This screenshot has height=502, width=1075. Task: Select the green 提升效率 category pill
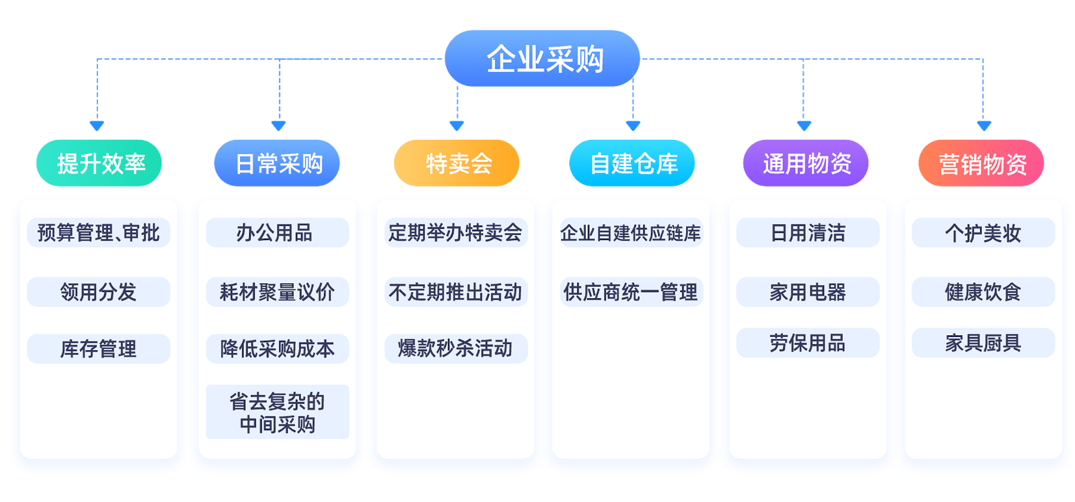pos(99,163)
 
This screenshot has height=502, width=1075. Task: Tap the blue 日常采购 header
pos(277,163)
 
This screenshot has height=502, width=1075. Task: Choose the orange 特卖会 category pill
pos(456,163)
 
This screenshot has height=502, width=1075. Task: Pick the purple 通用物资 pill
pos(806,163)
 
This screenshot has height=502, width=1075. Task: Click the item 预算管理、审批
pos(99,232)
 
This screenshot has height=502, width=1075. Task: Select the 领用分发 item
pos(99,292)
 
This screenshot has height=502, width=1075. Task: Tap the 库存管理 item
pos(99,348)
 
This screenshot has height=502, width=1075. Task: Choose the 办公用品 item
pos(277,232)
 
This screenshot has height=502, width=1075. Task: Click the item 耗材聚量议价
pos(277,292)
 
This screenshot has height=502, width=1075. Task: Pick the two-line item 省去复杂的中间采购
pos(277,412)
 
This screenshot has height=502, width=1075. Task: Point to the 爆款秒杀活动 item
pos(456,348)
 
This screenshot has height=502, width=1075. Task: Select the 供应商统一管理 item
pos(631,292)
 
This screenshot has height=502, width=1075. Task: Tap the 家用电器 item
pos(807,292)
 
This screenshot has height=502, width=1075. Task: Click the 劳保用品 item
pos(807,342)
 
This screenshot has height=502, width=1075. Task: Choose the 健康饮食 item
pos(983,292)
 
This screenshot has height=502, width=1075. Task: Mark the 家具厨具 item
pos(983,342)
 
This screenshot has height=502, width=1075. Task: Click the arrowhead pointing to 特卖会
pos(457,125)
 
